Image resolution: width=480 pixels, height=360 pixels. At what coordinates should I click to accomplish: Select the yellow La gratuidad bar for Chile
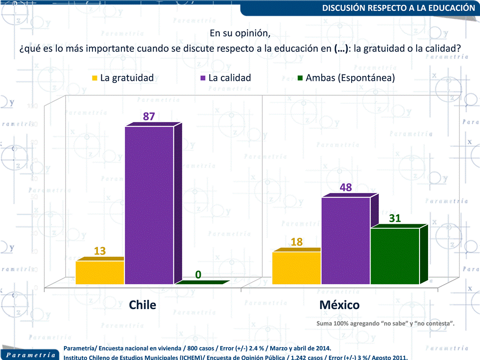99,272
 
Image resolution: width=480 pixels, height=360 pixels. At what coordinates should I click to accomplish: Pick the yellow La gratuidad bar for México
296,268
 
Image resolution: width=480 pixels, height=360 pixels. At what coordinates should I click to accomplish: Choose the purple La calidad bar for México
346,241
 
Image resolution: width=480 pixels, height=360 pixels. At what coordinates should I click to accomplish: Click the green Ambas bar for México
395,256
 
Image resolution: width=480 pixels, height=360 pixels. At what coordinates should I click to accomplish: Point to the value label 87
149,116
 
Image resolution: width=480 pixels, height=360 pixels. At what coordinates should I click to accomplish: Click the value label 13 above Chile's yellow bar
99,251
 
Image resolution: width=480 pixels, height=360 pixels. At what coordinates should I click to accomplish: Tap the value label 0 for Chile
198,275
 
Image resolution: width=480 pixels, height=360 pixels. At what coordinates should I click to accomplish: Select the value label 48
346,187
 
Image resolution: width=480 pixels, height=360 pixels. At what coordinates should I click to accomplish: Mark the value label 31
395,218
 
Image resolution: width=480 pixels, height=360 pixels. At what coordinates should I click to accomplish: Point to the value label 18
297,242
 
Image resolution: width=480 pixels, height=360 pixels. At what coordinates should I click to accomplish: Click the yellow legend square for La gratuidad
94,78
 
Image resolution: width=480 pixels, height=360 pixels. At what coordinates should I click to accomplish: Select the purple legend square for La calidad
202,78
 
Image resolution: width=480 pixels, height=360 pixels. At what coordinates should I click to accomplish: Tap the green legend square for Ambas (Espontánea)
300,78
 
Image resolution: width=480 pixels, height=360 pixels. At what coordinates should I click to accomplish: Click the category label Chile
142,305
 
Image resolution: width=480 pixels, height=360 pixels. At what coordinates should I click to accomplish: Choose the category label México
340,305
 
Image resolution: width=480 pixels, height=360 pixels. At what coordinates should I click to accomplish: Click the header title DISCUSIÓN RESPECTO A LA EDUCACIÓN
398,8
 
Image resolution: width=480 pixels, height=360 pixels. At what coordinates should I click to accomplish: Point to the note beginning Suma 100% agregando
385,324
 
